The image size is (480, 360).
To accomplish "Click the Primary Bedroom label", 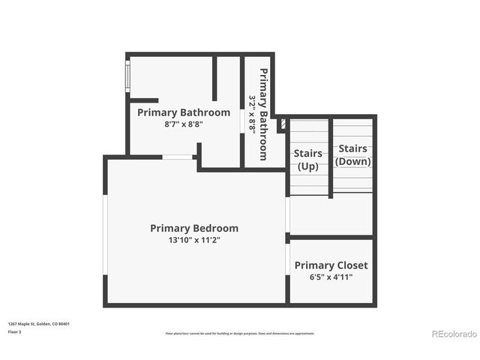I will pos(194,228).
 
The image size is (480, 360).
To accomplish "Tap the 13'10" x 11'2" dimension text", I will pos(194,240).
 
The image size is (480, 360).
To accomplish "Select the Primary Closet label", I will pos(331,265).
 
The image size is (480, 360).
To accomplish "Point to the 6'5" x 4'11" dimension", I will pos(331,277).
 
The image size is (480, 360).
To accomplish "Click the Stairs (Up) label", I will pos(308,159).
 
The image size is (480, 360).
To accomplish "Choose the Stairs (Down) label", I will pos(352,154).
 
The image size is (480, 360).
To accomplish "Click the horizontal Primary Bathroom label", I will pos(184,112).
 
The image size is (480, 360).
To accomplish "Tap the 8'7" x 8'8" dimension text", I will pos(184,124).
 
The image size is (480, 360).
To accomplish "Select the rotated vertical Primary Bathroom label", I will pos(264,114).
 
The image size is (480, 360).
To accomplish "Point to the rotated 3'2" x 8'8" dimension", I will pos(253,114).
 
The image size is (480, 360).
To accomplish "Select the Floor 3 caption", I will pos(15,331).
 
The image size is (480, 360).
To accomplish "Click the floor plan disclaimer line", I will pos(240,333).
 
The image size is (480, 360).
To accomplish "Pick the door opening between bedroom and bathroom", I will pos(178,157).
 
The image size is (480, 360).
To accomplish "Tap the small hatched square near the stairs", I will pos(283,123).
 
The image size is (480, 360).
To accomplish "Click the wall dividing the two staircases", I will pos(331,157).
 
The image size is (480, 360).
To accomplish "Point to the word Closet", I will pos(352,265).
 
